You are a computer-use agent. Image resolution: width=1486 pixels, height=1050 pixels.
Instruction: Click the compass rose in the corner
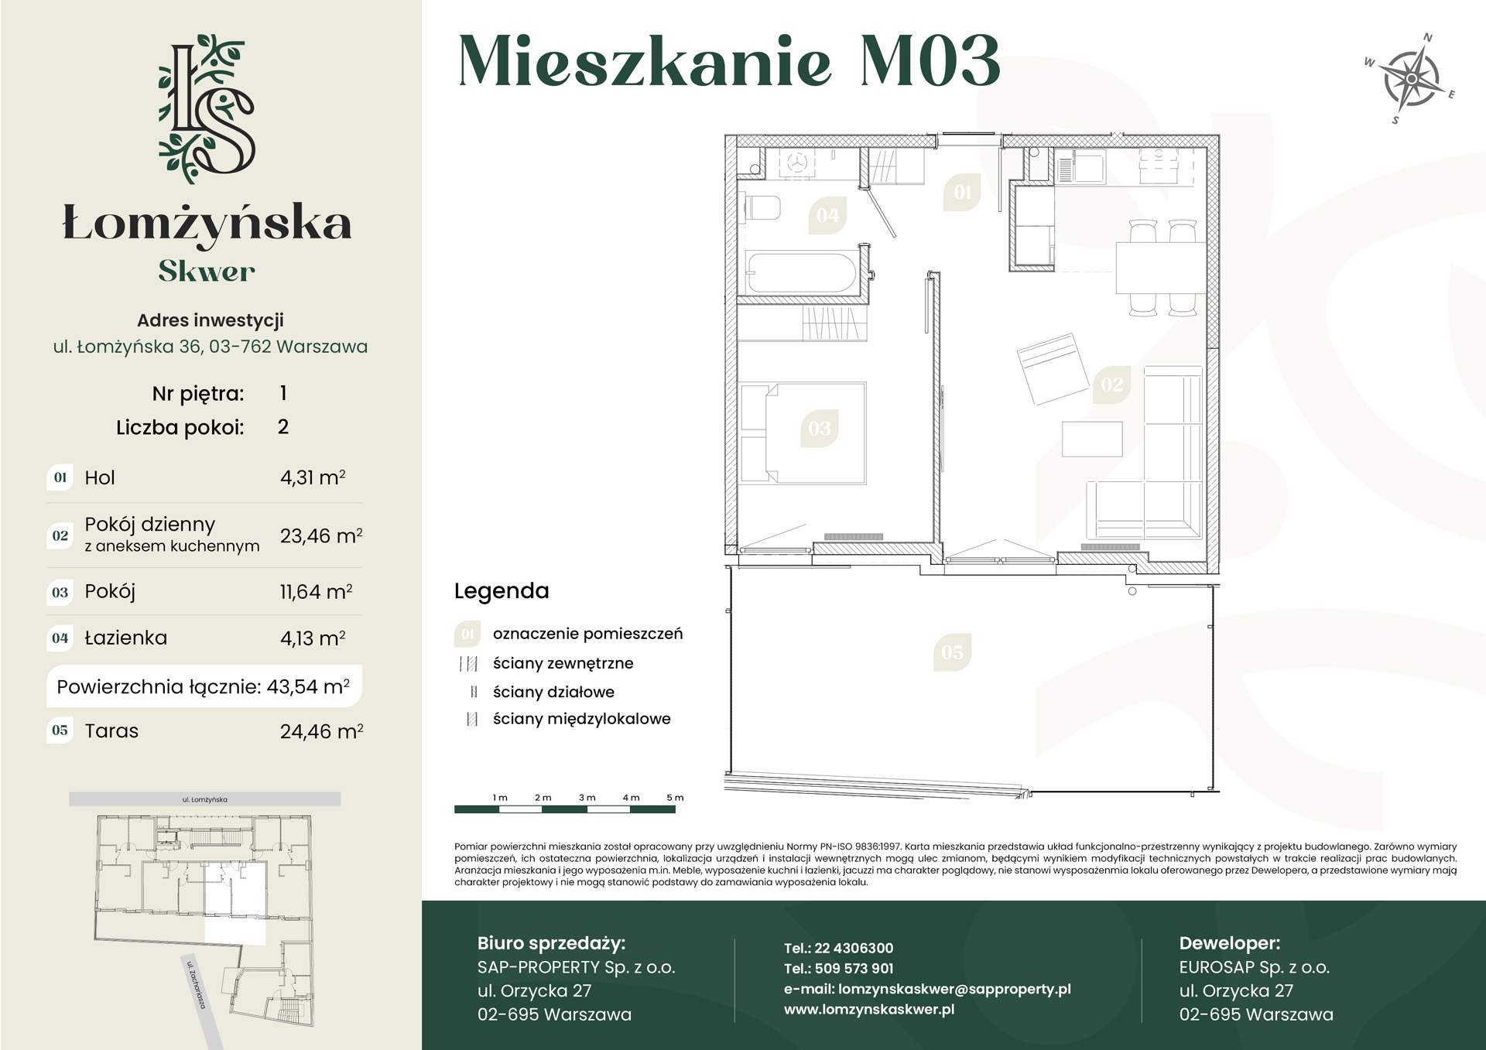pos(1411,79)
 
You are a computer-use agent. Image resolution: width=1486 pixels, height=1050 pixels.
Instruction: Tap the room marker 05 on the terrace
pos(952,652)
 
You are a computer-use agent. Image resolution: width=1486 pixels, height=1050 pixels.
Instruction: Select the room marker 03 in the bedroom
pos(819,429)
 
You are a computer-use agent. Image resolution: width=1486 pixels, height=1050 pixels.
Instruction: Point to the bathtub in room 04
pos(801,272)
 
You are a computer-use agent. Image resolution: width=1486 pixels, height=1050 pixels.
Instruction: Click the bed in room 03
pos(803,433)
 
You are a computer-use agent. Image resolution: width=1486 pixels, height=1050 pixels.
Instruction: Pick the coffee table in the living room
pos(1092,439)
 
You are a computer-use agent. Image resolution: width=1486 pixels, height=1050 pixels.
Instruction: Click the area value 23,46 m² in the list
pos(321,535)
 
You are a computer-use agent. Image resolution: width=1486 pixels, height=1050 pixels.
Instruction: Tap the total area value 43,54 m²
pos(308,686)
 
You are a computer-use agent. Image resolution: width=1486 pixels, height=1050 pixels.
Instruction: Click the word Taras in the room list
pos(111,730)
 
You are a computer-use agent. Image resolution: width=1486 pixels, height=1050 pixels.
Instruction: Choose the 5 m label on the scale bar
pos(675,797)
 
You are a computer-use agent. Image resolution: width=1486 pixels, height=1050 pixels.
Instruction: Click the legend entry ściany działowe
pos(553,692)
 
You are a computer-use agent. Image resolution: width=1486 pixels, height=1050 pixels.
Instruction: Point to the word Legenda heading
pos(502,591)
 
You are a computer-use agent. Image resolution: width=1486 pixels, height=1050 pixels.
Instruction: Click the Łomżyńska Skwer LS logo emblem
pos(207,108)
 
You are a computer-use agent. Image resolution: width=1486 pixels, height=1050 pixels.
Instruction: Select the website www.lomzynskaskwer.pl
pos(869,1009)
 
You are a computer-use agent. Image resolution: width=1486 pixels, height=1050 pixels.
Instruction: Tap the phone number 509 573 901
pos(854,968)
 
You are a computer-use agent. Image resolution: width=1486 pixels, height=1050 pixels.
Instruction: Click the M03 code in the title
pos(930,61)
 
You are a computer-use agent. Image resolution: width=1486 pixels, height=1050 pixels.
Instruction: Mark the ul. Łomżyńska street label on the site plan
pos(204,799)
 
